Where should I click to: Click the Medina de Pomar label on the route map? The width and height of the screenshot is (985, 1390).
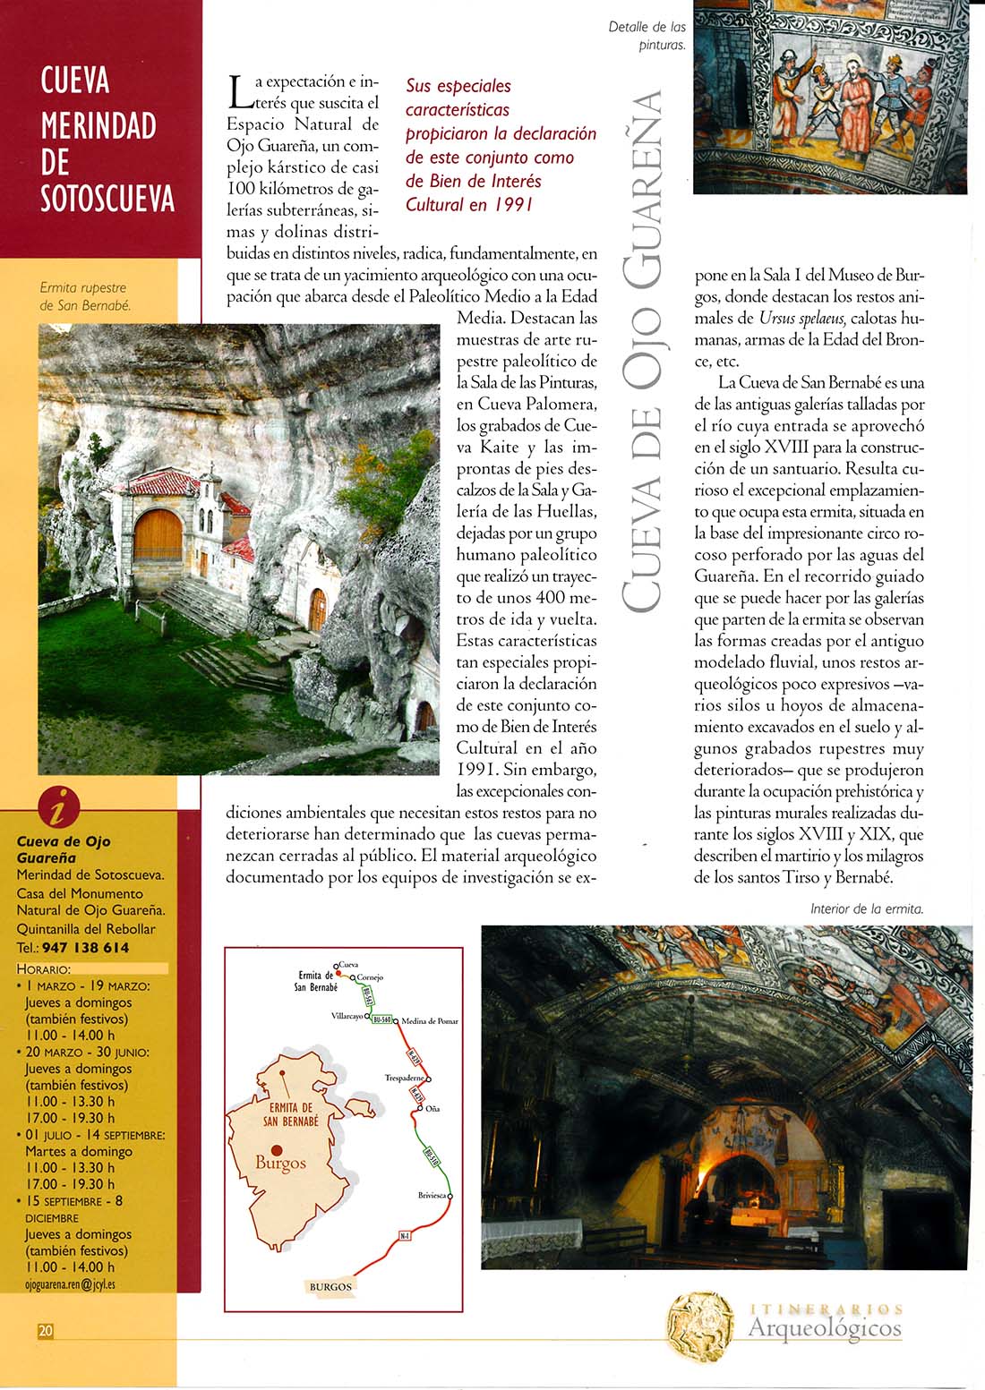tap(430, 1021)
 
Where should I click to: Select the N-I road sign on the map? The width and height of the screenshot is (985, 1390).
tap(405, 1236)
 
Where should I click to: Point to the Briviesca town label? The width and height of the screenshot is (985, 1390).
tap(432, 1196)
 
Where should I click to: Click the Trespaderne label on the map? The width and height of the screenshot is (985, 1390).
tap(404, 1079)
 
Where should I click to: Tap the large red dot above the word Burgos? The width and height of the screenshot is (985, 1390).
tap(277, 1150)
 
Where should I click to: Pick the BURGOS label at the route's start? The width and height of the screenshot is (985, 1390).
tap(330, 1287)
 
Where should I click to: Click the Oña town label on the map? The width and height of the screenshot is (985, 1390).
tap(433, 1109)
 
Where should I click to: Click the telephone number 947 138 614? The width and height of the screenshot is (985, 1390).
tap(85, 947)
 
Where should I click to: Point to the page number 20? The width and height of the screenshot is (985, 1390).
tap(46, 1331)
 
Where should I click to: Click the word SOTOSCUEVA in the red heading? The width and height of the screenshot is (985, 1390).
tap(107, 199)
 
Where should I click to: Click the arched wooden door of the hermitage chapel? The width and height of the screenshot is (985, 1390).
tap(158, 535)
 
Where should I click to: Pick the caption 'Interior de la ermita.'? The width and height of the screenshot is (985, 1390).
tap(866, 908)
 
